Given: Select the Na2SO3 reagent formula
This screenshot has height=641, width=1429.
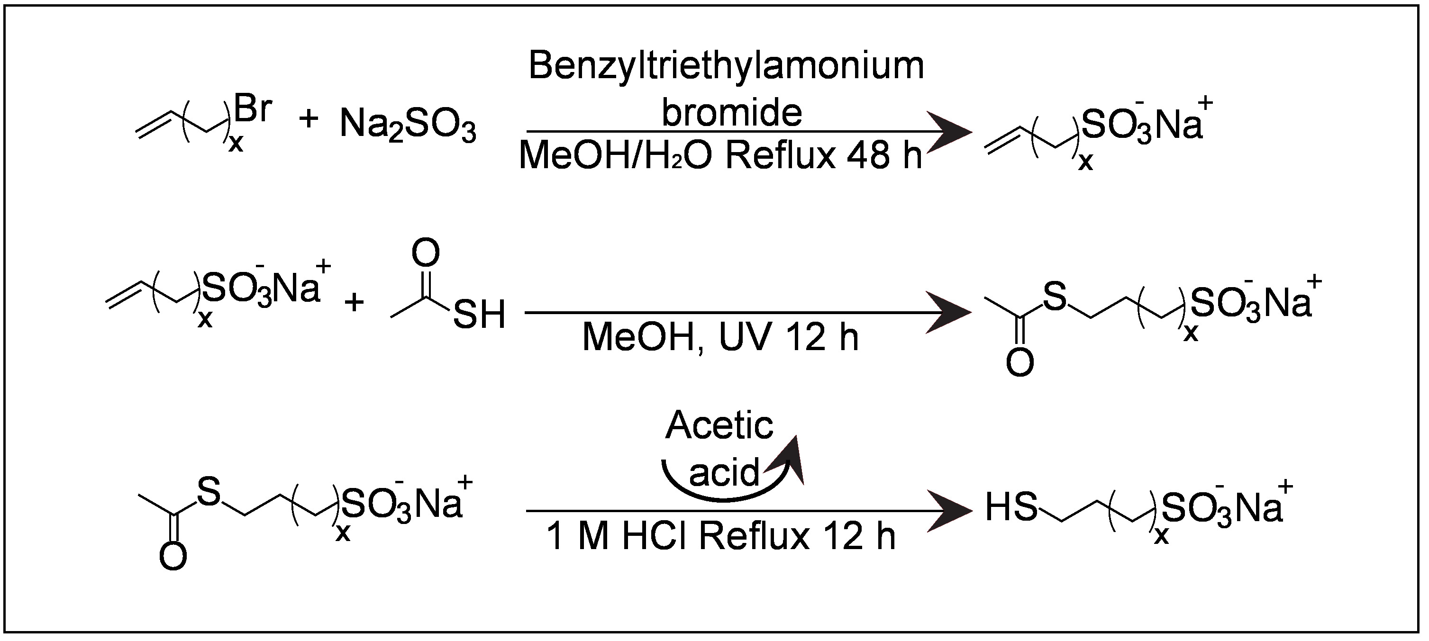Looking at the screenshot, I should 408,126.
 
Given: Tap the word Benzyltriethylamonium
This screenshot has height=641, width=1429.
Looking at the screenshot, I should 726,66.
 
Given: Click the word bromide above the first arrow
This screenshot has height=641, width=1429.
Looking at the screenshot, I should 732,113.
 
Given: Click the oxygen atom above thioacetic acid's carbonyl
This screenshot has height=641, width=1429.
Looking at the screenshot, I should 426,253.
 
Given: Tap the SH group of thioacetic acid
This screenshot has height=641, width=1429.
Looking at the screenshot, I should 479,315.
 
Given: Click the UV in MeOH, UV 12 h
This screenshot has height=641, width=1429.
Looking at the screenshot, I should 746,337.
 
